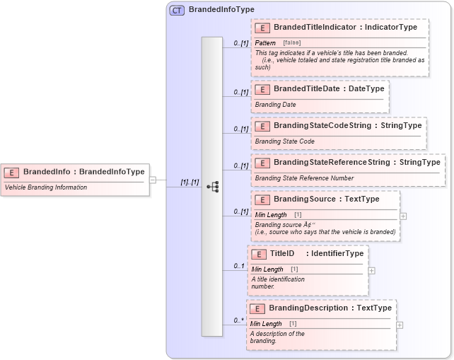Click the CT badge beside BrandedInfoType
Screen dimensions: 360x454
177,10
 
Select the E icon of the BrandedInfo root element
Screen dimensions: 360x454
12,172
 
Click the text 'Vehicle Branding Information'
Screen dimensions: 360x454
46,187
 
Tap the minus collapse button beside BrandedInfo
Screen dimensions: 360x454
152,180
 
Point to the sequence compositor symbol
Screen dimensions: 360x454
212,187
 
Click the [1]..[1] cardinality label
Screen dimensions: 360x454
190,182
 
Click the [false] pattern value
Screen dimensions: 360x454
291,43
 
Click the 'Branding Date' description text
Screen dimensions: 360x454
275,105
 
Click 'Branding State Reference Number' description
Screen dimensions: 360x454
304,178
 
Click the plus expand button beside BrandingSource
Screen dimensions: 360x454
403,216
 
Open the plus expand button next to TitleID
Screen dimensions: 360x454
371,270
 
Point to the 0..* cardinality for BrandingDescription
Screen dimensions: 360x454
240,320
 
